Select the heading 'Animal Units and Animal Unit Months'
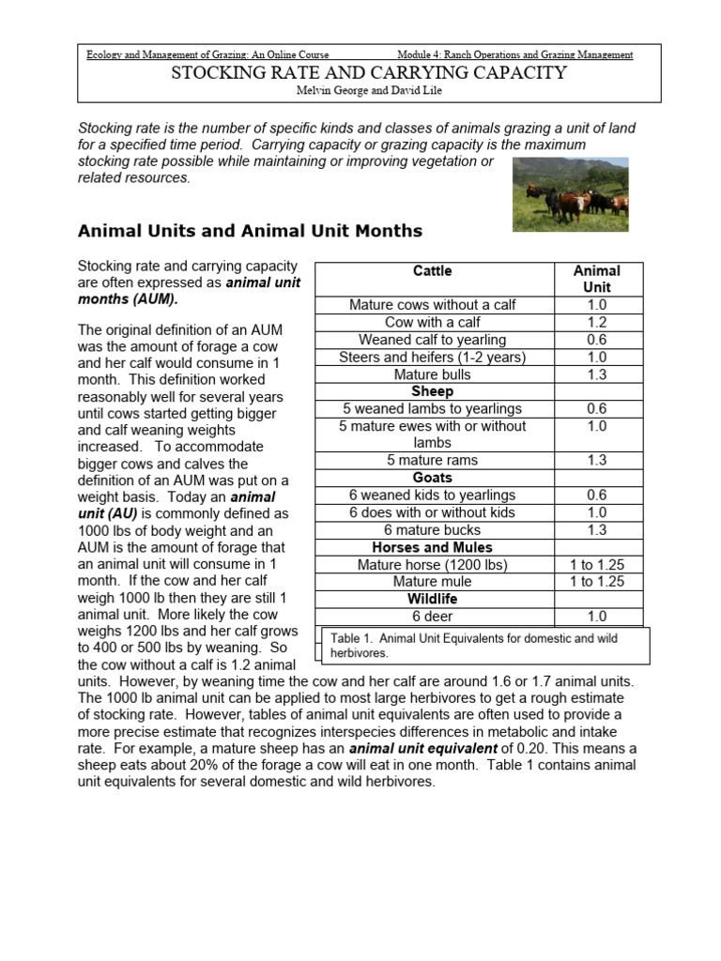click(250, 230)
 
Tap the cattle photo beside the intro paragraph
click(570, 193)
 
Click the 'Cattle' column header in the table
click(432, 271)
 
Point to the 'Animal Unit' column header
click(596, 279)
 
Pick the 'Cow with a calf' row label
click(432, 323)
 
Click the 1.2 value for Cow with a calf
click(596, 323)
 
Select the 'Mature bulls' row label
click(432, 374)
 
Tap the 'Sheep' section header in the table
click(432, 391)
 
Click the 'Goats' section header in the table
click(432, 478)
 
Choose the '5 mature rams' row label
click(432, 460)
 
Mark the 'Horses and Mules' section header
click(432, 547)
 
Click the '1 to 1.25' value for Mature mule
click(596, 582)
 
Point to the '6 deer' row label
click(432, 617)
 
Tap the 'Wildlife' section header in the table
click(432, 599)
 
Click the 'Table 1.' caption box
click(483, 645)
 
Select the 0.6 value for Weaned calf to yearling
click(596, 340)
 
